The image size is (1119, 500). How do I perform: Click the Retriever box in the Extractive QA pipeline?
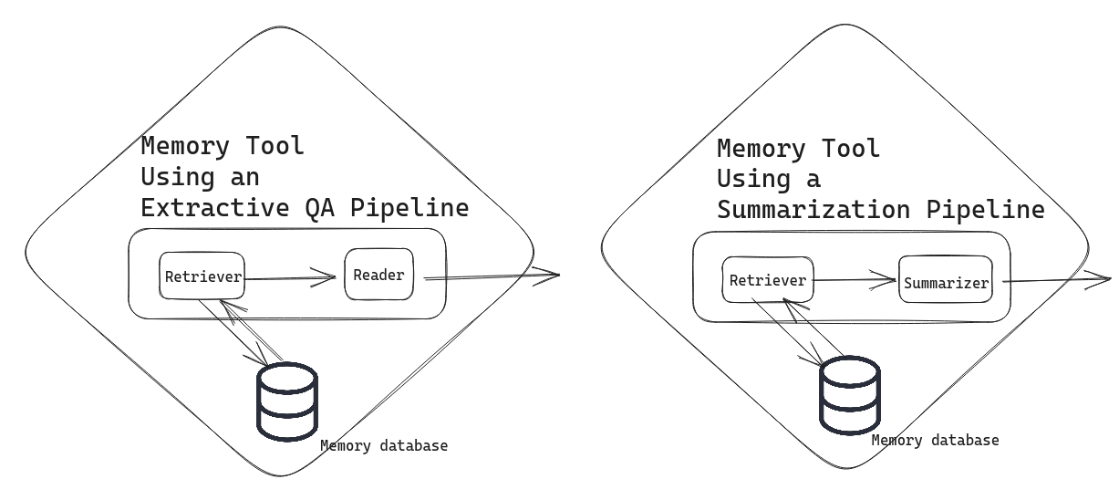[202, 276]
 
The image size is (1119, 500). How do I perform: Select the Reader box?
[378, 274]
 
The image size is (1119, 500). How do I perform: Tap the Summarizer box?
[946, 282]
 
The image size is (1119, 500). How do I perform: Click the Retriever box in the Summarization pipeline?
[767, 280]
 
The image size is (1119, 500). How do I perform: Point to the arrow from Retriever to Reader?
[292, 277]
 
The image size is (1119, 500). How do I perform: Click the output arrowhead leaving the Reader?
[546, 274]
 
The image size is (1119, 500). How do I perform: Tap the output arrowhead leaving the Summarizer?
[1099, 279]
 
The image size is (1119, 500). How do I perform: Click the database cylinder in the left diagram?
[287, 402]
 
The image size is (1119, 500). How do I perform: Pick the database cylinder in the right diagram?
[850, 395]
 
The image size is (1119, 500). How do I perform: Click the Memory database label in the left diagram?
[384, 446]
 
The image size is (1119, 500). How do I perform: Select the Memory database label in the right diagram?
[935, 441]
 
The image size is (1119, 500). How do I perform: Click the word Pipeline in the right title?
[986, 210]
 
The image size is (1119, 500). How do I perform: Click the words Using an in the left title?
[200, 177]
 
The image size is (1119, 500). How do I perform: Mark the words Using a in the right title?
[769, 179]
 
